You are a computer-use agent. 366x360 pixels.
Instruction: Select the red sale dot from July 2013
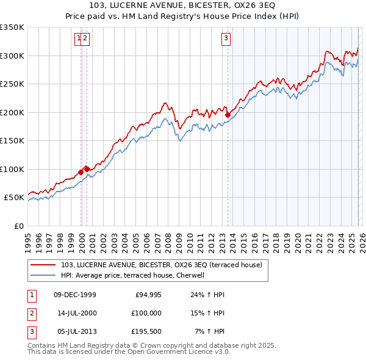tap(228, 115)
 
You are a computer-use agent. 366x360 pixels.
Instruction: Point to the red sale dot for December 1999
tap(81, 172)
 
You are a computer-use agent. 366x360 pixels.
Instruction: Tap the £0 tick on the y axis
tap(19, 226)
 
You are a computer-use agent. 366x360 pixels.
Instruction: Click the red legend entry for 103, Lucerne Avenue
tap(161, 265)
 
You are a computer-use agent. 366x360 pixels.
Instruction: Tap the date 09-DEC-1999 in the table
tap(75, 295)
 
